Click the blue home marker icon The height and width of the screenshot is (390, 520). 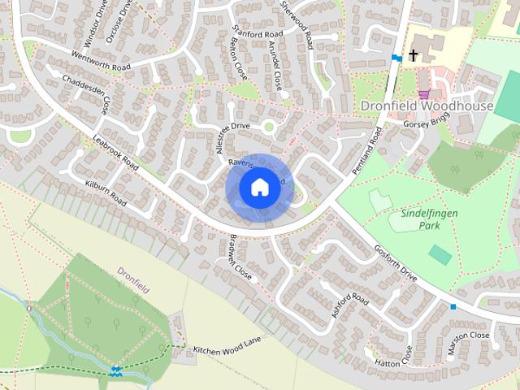[258, 188]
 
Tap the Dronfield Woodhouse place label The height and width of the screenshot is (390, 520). [427, 106]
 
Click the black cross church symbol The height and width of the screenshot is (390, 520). [413, 55]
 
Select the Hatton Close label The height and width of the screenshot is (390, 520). [399, 356]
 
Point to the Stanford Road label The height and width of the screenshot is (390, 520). [257, 33]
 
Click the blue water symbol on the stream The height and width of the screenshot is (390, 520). [117, 371]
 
